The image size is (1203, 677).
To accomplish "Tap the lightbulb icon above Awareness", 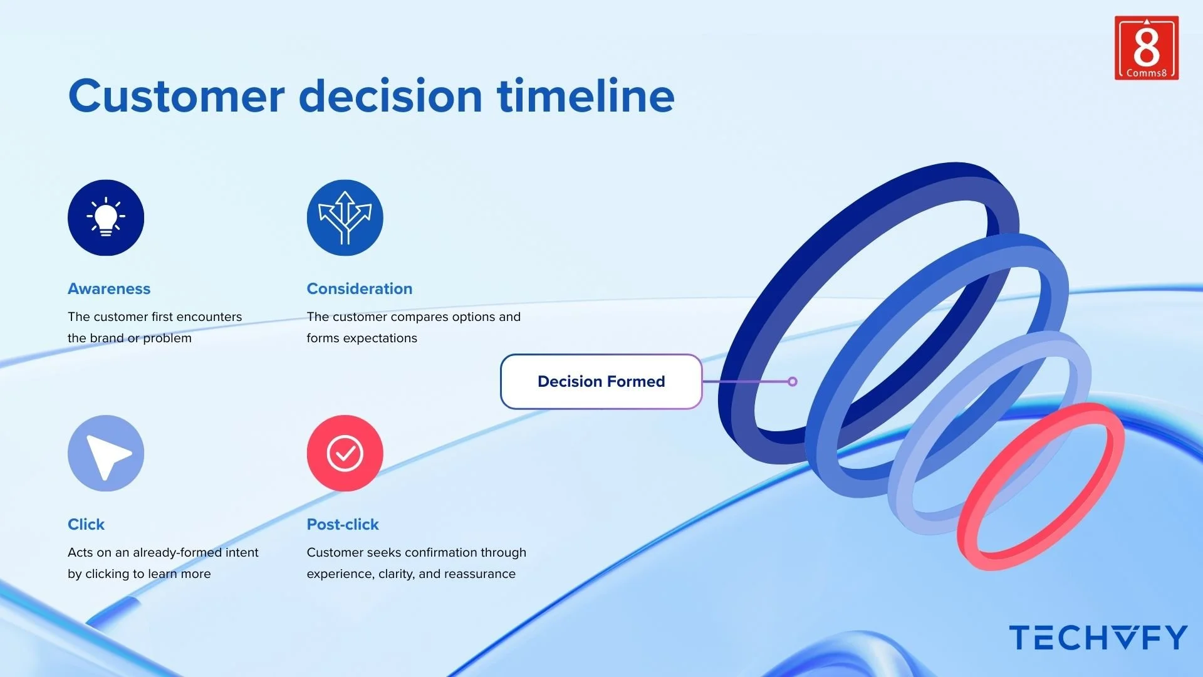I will click(x=106, y=218).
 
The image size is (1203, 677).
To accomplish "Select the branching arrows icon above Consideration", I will click(x=345, y=218).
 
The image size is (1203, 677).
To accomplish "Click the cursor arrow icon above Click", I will click(x=106, y=453).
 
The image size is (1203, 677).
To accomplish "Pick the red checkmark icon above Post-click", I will click(x=345, y=453).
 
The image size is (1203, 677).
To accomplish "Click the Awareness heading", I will click(x=109, y=288).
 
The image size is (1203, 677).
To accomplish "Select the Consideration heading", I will click(x=360, y=288).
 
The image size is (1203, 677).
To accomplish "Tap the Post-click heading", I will click(x=343, y=524).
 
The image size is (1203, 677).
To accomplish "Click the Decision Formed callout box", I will click(x=601, y=381).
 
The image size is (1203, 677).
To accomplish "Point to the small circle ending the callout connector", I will click(x=793, y=381).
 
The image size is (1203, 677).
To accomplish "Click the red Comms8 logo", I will click(x=1147, y=48).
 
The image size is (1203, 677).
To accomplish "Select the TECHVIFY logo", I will click(x=1098, y=638).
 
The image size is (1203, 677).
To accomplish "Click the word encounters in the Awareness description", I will click(x=209, y=317).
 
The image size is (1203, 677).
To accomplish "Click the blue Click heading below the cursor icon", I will click(x=86, y=524).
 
